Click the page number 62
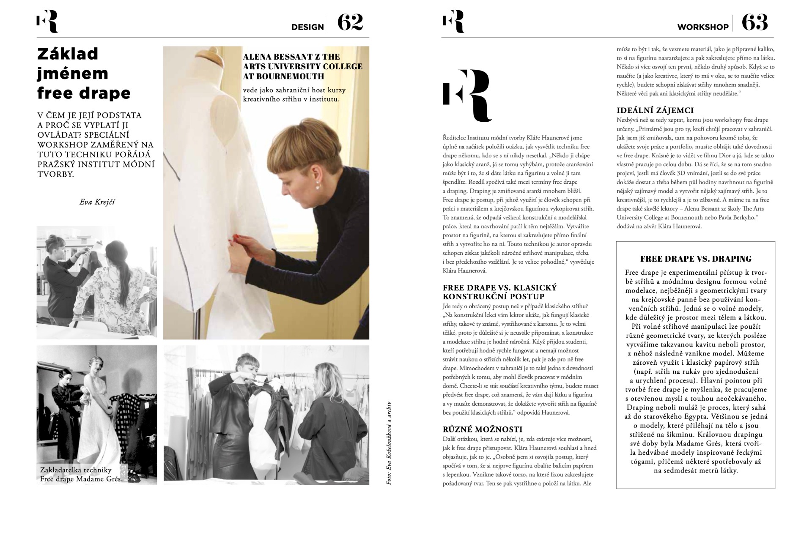click(350, 22)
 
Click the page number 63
click(755, 22)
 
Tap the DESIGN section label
click(307, 27)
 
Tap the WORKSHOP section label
click(703, 27)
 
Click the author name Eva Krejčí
click(97, 202)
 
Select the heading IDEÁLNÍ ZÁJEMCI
click(655, 111)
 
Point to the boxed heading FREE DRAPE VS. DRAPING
click(696, 259)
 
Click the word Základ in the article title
click(68, 54)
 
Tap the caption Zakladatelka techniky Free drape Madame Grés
click(82, 474)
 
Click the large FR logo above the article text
click(466, 96)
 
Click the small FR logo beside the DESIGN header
click(47, 22)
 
